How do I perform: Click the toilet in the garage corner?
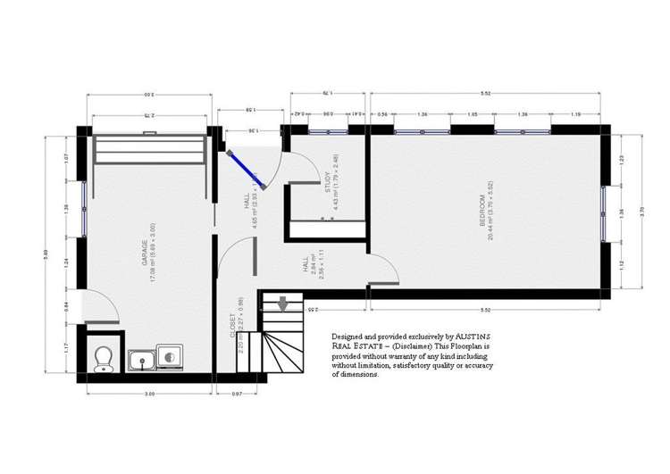coord(103,359)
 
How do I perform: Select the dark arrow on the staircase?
coord(283,305)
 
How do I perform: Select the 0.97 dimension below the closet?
coord(237,393)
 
